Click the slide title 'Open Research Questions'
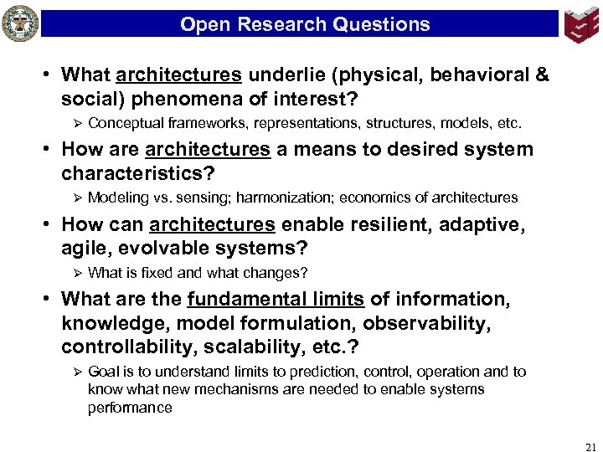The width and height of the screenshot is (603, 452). click(x=305, y=24)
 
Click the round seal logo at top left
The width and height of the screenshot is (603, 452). click(x=20, y=23)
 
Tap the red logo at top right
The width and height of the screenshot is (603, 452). click(x=581, y=24)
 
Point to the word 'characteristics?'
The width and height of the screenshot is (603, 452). click(x=138, y=173)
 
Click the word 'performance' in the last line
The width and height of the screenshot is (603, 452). click(x=130, y=408)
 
